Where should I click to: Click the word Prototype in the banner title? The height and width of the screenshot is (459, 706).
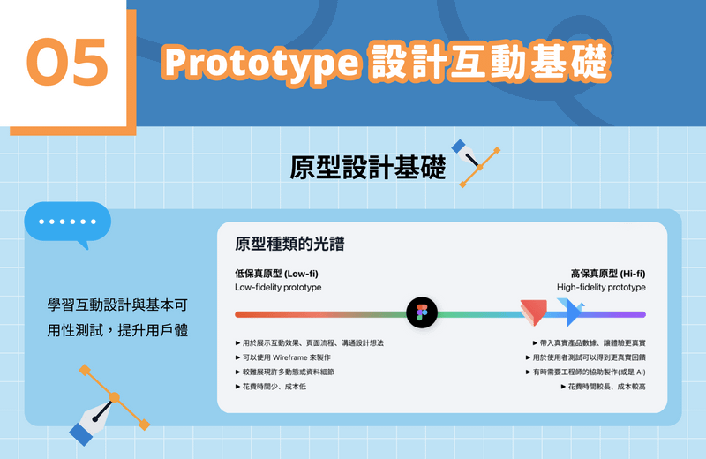click(x=261, y=63)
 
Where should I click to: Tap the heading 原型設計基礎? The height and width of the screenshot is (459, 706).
click(x=367, y=167)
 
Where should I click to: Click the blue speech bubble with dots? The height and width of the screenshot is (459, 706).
click(x=68, y=224)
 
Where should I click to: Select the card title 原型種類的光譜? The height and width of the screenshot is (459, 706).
click(x=289, y=244)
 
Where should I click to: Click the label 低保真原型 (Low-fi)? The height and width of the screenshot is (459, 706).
click(x=276, y=274)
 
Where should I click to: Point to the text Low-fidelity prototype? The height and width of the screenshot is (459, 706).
click(x=278, y=288)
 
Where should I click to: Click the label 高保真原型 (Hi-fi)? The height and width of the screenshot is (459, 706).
click(x=608, y=274)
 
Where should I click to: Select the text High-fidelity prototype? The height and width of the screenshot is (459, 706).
click(x=601, y=288)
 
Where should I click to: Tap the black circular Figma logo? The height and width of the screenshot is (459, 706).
click(x=422, y=312)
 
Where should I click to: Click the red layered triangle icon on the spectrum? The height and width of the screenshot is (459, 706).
click(x=534, y=312)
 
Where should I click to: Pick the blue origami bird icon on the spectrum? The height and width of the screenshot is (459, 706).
click(x=570, y=312)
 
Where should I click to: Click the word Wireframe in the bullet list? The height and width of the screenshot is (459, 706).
click(x=290, y=357)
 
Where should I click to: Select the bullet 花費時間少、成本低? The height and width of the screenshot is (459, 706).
click(x=271, y=387)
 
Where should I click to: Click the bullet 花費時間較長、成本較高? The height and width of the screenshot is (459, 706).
click(x=604, y=387)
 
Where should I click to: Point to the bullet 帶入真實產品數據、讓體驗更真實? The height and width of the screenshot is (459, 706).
click(x=589, y=343)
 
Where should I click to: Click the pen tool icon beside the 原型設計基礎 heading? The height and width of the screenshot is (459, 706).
click(x=476, y=163)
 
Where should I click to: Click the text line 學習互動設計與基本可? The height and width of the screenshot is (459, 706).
click(x=117, y=305)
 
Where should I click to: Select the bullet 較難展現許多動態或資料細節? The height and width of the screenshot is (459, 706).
click(x=284, y=372)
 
